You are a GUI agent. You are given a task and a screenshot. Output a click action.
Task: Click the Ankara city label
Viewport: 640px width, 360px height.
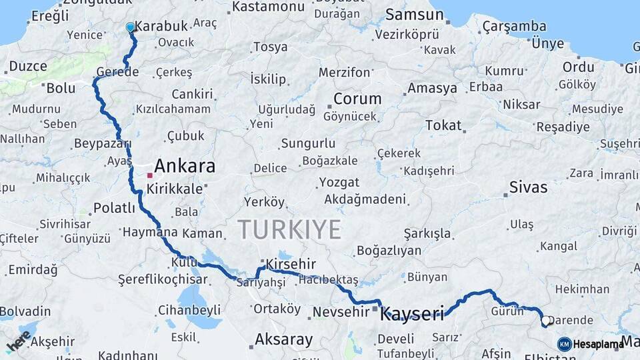click(185, 165)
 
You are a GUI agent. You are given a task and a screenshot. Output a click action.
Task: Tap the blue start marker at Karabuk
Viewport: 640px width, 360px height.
click(131, 27)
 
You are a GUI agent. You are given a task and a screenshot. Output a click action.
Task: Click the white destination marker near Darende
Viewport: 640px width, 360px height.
click(546, 321)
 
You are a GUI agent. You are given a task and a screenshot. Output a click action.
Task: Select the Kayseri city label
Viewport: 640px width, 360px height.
click(411, 314)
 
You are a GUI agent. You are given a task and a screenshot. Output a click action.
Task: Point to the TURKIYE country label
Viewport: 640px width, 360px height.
click(289, 229)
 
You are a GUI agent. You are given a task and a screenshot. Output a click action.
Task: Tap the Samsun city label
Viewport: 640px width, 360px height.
click(414, 15)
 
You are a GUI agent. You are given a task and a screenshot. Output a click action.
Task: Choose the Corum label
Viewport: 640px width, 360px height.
click(357, 99)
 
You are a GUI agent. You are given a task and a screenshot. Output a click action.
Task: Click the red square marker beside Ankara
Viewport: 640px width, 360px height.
click(150, 175)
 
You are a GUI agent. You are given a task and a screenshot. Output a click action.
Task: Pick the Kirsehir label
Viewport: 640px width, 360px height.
click(291, 265)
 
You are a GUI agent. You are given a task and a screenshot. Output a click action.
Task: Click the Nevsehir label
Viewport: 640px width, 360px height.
click(337, 312)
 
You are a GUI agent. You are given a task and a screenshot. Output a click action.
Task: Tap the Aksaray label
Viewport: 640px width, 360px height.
click(283, 339)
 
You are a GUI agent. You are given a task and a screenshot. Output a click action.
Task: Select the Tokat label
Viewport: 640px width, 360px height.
click(443, 125)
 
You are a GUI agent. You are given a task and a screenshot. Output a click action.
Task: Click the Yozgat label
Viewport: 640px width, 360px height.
click(339, 182)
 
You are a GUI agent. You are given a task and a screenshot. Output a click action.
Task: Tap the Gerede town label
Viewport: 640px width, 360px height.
click(117, 71)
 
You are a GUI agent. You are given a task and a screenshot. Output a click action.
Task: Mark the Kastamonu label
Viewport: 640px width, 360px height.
click(269, 8)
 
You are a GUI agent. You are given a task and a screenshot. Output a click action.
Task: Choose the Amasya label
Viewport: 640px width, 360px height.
click(432, 88)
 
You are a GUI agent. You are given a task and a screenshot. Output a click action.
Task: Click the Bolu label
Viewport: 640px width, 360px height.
click(61, 87)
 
